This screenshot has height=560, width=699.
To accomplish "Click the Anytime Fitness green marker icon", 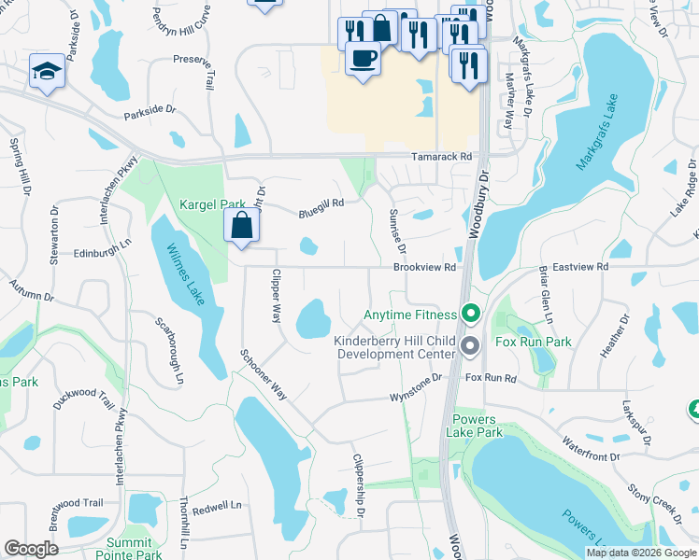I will [x=472, y=315].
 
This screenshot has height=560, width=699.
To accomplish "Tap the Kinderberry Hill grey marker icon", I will [x=471, y=346].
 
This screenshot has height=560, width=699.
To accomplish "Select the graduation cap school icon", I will [x=45, y=72].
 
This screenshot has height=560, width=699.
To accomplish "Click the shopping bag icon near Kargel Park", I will [x=242, y=225].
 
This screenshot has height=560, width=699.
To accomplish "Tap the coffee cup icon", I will [x=363, y=59].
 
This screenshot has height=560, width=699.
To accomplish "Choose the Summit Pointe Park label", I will [x=128, y=549].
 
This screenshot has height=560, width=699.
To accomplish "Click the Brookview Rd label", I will [x=424, y=267].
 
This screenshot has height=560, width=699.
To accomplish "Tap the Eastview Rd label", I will [x=580, y=266].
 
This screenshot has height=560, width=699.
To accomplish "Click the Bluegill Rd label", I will [x=321, y=206].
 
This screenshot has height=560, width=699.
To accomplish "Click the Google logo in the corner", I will [x=31, y=549].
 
